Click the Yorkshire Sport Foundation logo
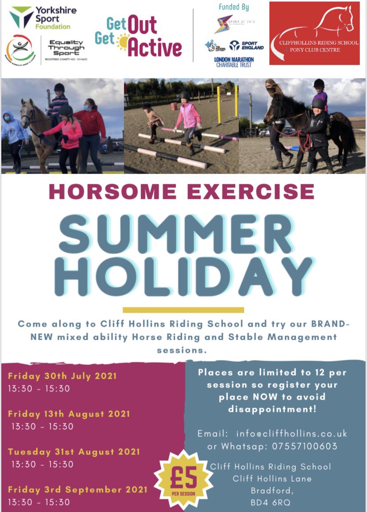coord(40,17)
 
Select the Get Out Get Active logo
coord(138,37)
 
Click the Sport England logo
coord(246,45)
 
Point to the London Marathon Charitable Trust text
coord(233,62)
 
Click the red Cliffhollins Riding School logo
coord(314,33)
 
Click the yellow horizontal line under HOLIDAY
coord(183,310)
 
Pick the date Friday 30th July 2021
coord(62,376)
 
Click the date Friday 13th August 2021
coord(69,414)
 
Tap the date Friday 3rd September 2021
coord(78,490)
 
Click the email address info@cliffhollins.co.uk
coord(291,434)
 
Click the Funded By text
coord(234,8)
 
